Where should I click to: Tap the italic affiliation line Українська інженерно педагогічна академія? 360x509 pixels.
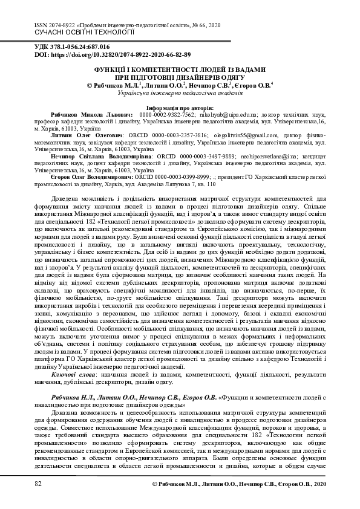tap(180, 94)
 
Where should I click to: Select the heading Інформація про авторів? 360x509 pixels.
tap(180, 106)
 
